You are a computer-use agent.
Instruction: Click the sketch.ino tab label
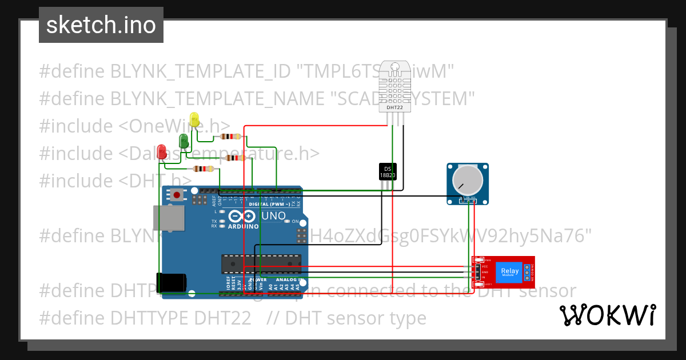(101, 25)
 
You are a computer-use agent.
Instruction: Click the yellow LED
(194, 120)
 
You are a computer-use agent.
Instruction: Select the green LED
(184, 141)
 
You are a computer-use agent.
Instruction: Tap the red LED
(162, 151)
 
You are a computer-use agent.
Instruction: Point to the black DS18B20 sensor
(388, 171)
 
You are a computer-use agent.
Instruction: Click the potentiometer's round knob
(468, 178)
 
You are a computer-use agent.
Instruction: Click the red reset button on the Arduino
(177, 195)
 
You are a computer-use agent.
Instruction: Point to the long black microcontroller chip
(261, 263)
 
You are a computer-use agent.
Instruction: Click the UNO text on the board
(273, 216)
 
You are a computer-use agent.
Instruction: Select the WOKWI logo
(607, 315)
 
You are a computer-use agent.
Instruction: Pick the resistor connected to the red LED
(204, 169)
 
